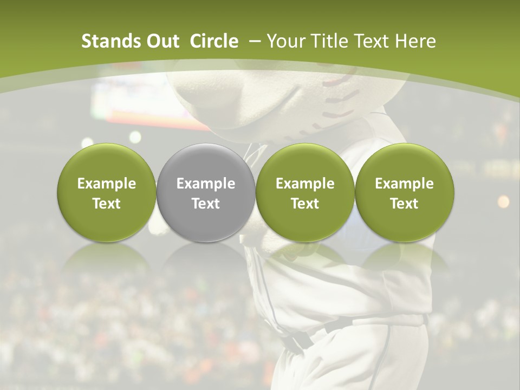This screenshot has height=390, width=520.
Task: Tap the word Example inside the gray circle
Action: pyautogui.click(x=206, y=184)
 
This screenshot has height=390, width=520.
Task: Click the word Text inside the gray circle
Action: pyautogui.click(x=206, y=204)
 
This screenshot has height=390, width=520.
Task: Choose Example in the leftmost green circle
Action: pyautogui.click(x=107, y=184)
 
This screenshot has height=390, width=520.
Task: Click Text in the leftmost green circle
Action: pyautogui.click(x=107, y=204)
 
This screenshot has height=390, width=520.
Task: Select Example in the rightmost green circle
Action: pyautogui.click(x=404, y=184)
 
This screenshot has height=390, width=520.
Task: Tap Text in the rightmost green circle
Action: pyautogui.click(x=404, y=204)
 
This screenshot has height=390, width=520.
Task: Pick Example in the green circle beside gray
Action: pyautogui.click(x=305, y=184)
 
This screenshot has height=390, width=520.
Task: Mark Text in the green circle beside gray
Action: pyautogui.click(x=305, y=204)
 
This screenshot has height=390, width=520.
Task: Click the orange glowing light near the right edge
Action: pyautogui.click(x=503, y=201)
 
